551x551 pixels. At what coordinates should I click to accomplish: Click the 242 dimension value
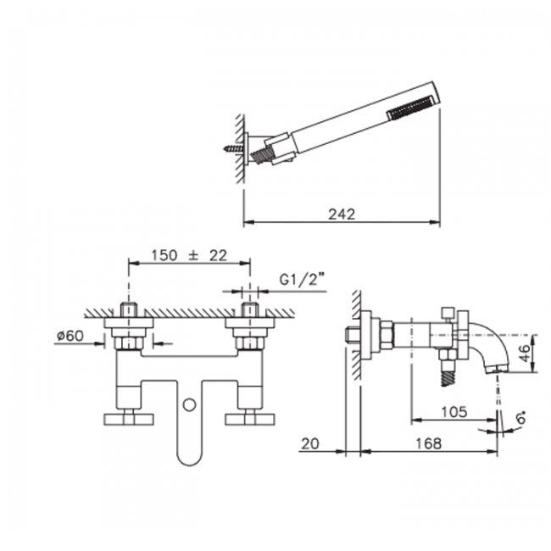[342, 214]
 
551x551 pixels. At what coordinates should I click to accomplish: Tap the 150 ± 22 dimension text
[189, 255]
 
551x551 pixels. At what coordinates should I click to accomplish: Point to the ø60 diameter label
[70, 336]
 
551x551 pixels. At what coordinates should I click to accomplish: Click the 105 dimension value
[454, 411]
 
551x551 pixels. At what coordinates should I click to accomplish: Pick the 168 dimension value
[428, 443]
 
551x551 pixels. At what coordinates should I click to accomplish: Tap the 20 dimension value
[310, 443]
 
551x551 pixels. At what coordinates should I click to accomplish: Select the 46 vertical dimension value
[525, 353]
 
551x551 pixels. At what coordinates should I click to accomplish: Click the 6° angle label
[522, 418]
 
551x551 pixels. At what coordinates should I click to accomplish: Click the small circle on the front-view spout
[190, 405]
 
